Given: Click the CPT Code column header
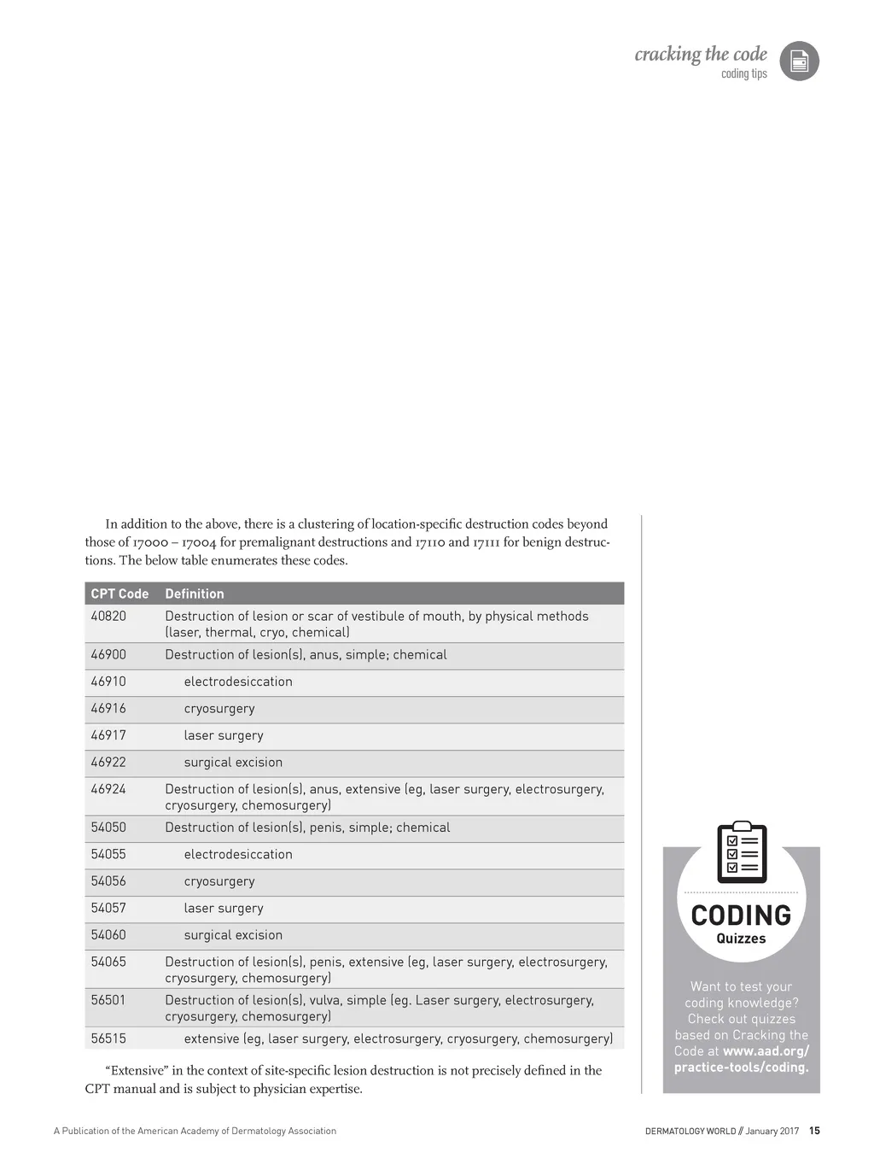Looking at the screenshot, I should click(119, 594).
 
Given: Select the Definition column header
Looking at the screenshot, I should click(195, 594).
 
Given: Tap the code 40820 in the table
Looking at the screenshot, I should click(108, 616).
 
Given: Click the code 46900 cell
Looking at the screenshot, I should click(108, 655).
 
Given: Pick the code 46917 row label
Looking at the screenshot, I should click(108, 735).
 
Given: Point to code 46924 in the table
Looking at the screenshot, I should click(108, 789).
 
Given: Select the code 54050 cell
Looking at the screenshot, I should click(108, 828).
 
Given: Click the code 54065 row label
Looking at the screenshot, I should click(108, 962).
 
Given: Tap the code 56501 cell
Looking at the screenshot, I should click(108, 1000).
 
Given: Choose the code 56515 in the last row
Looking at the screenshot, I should click(108, 1038).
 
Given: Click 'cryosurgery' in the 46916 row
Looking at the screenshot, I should click(219, 709).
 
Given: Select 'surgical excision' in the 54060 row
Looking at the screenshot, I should click(233, 935).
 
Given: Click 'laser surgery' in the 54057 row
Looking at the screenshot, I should click(224, 909).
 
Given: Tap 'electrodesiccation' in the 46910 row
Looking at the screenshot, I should click(238, 682).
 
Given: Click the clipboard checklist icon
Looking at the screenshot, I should click(742, 852).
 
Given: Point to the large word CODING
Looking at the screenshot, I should click(741, 916).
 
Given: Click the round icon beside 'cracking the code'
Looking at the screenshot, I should click(800, 61).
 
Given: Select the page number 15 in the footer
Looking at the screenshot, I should click(814, 1131).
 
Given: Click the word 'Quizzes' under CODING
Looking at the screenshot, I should click(741, 939).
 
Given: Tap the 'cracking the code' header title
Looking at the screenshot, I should click(701, 55).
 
